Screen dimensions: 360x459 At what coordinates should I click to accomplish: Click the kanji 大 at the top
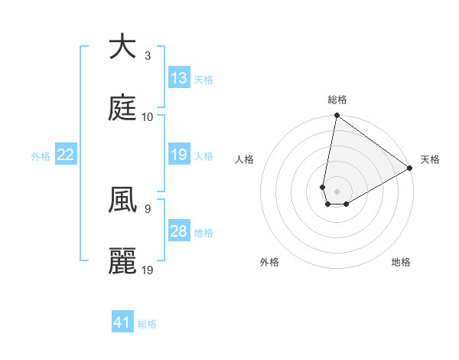[x=122, y=47]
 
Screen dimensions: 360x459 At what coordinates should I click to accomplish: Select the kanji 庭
[x=122, y=109]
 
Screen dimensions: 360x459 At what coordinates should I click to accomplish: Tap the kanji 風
[x=122, y=201]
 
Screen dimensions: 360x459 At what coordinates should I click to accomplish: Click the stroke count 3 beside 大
[x=148, y=56]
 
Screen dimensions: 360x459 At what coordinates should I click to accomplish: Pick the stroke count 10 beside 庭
[x=148, y=117]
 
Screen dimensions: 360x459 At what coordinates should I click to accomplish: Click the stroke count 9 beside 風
[x=148, y=208]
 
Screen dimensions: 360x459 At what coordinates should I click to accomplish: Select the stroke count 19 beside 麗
[x=148, y=270]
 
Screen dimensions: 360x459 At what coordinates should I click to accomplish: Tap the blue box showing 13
[x=179, y=78]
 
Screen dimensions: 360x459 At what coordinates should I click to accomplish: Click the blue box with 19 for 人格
[x=179, y=155]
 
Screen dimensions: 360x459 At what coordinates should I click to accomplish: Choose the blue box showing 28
[x=179, y=231]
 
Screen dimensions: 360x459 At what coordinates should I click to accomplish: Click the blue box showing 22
[x=66, y=155]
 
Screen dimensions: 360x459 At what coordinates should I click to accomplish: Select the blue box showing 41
[x=122, y=322]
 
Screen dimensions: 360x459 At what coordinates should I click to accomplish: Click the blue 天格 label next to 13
[x=203, y=80]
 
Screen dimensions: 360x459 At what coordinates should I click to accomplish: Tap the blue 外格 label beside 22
[x=41, y=156]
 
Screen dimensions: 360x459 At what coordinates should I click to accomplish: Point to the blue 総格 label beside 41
[x=147, y=324]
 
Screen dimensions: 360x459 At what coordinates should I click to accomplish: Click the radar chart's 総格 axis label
[x=337, y=100]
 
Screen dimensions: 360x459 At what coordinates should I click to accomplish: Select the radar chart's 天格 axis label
[x=430, y=159]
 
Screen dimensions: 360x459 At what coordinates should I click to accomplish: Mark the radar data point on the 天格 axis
[x=410, y=169]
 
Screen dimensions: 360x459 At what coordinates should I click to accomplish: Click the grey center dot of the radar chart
[x=337, y=182]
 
